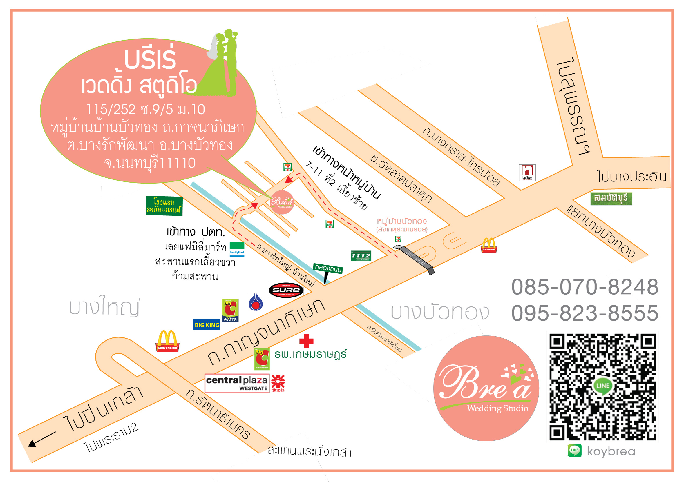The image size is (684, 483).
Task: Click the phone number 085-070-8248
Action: (585, 287)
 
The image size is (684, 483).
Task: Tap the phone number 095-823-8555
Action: (585, 313)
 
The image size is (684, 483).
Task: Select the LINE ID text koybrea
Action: (611, 451)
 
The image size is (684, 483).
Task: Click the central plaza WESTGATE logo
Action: (237, 383)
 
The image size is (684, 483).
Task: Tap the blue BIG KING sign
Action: (207, 325)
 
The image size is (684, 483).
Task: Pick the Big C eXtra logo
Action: (230, 310)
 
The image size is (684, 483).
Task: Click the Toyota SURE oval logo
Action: (286, 290)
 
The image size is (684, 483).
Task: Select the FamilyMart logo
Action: (237, 249)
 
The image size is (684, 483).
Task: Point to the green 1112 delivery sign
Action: (361, 256)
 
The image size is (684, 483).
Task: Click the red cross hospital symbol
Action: (306, 341)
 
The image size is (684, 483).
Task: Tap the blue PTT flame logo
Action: (256, 302)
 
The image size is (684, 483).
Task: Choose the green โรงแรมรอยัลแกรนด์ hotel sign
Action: (164, 206)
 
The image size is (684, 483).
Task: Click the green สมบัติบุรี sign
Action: (611, 198)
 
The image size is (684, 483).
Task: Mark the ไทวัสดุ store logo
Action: (527, 173)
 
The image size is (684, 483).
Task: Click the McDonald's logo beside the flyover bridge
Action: (489, 245)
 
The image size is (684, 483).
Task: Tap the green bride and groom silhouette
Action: (222, 64)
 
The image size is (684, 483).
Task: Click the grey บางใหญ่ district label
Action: (104, 306)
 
